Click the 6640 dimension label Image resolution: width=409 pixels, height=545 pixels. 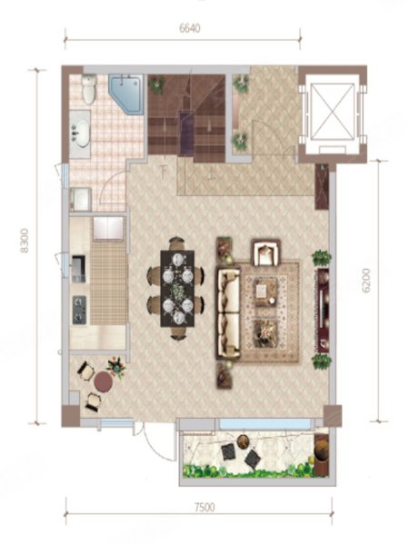(x=190, y=28)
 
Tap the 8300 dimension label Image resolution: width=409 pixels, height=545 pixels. (x=24, y=241)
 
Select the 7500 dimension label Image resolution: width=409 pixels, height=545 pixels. (x=204, y=508)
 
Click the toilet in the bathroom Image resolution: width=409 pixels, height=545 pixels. (x=89, y=89)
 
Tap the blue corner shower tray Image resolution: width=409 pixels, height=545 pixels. (x=126, y=94)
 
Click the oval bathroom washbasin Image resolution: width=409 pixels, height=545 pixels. (x=81, y=134)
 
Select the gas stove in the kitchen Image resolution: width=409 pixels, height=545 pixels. (x=79, y=310)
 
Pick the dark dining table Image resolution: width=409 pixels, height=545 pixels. (x=177, y=289)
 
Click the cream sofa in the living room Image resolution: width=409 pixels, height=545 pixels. (x=228, y=312)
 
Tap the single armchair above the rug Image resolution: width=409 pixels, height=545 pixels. (x=266, y=252)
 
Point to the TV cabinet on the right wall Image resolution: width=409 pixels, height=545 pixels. (x=324, y=310)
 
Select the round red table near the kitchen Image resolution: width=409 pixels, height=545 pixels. (x=104, y=381)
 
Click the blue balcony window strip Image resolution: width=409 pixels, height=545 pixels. (x=265, y=423)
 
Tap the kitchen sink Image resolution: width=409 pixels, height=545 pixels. (x=78, y=270)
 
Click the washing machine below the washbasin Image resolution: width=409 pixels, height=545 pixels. (x=80, y=199)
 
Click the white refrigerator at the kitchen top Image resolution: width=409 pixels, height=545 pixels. (x=108, y=228)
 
